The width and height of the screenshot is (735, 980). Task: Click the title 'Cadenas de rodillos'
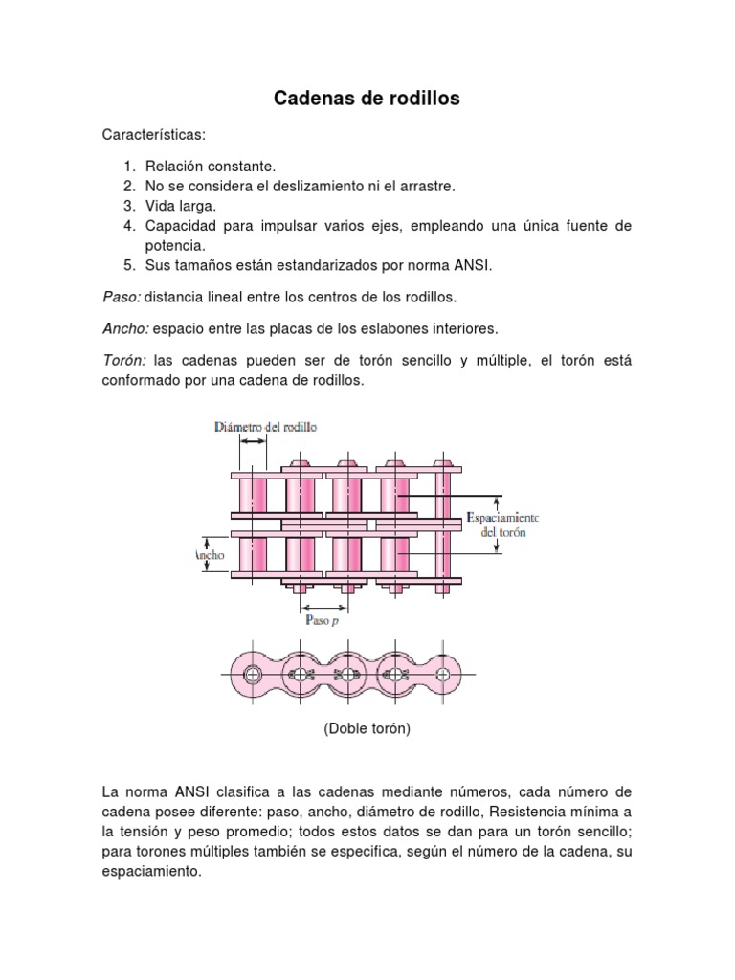pyautogui.click(x=367, y=99)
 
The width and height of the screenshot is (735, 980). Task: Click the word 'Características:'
pyautogui.click(x=154, y=137)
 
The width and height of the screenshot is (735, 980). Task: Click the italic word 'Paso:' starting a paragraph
pyautogui.click(x=121, y=297)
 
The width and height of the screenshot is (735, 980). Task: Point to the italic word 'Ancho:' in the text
pyautogui.click(x=124, y=328)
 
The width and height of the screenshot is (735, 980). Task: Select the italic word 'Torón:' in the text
pyautogui.click(x=123, y=360)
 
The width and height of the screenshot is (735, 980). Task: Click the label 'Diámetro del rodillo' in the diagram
pyautogui.click(x=266, y=427)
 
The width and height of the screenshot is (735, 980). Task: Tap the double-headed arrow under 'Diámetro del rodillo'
pyautogui.click(x=254, y=442)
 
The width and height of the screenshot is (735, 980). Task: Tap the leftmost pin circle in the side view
pyautogui.click(x=253, y=674)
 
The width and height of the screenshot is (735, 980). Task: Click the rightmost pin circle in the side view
pyautogui.click(x=442, y=674)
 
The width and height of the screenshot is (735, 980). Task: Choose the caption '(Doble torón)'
pyautogui.click(x=367, y=728)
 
